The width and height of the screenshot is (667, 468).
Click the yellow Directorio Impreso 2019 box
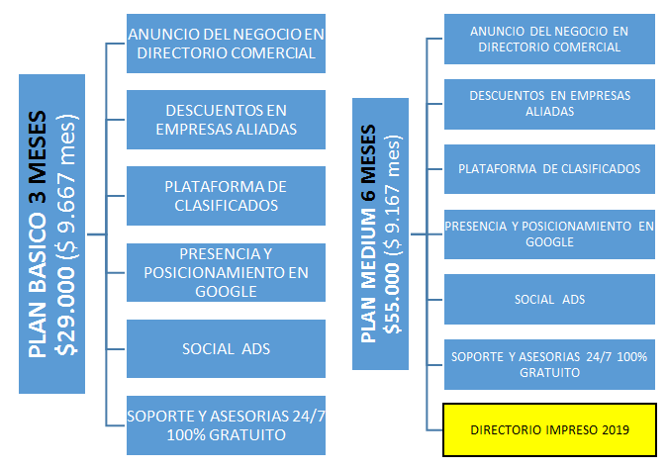[549, 429]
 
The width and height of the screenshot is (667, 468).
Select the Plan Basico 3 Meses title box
[51, 234]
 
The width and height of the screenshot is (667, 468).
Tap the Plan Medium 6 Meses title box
[380, 234]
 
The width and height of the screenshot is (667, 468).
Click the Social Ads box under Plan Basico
[226, 349]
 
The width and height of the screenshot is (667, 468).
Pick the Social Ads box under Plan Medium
[549, 299]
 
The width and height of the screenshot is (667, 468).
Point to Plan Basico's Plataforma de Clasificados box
[226, 196]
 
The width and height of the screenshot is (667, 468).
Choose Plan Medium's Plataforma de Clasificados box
[549, 169]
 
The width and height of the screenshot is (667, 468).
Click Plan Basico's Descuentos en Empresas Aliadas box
[226, 120]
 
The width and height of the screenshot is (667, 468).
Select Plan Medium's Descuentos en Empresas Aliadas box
[549, 104]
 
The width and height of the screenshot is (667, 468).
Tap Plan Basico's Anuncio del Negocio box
[226, 44]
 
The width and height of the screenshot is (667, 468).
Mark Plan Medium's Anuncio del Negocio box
[549, 39]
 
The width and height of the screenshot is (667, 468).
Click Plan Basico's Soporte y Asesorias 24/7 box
[226, 425]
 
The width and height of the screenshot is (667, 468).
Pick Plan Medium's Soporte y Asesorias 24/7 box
[549, 365]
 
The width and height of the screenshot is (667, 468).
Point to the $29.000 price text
[65, 311]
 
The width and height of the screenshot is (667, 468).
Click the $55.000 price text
[391, 298]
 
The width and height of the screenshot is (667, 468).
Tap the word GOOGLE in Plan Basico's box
[226, 292]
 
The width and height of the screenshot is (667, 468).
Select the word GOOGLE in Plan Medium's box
[549, 242]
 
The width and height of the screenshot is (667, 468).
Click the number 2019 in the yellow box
[616, 429]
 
